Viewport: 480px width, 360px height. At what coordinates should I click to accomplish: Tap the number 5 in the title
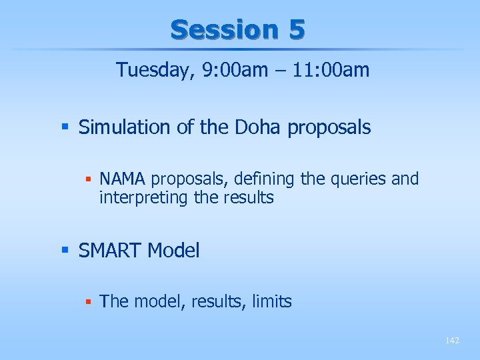297,29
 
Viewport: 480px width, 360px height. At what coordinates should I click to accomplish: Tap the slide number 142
452,341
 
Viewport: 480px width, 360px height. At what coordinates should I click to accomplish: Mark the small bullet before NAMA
88,179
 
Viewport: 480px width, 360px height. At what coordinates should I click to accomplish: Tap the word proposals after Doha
329,127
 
